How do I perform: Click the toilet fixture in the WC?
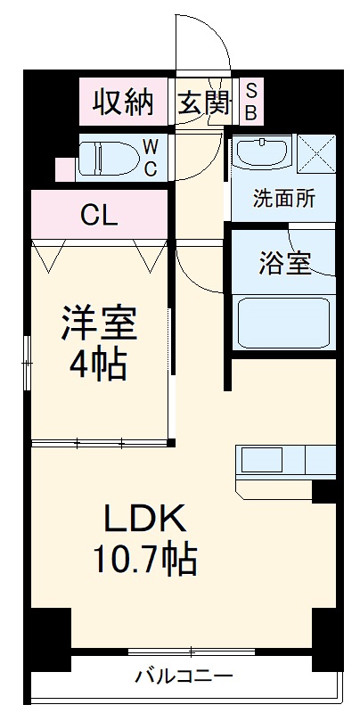click(108, 157)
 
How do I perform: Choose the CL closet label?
click(100, 215)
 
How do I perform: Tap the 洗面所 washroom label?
click(283, 198)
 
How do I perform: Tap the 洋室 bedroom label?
click(99, 323)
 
